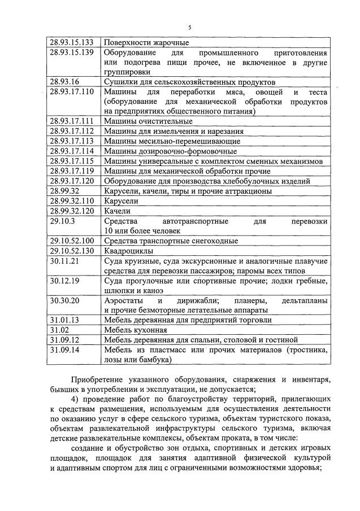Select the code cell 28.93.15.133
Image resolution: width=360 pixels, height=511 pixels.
pyautogui.click(x=71, y=42)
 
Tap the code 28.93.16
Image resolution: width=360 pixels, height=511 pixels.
pyautogui.click(x=64, y=81)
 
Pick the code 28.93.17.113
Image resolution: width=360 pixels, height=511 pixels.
pyautogui.click(x=71, y=141)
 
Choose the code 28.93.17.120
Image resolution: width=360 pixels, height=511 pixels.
pyautogui.click(x=71, y=181)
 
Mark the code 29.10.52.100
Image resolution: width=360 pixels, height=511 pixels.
pyautogui.click(x=71, y=241)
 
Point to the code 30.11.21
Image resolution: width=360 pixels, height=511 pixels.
pyautogui.click(x=64, y=261)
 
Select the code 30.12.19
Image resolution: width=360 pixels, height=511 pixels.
pyautogui.click(x=64, y=281)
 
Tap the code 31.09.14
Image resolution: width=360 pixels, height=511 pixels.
pyautogui.click(x=64, y=350)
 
